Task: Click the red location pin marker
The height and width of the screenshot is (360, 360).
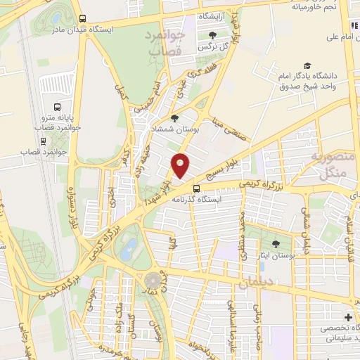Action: click(181, 165)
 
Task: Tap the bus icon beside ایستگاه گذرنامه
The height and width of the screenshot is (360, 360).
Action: click(197, 188)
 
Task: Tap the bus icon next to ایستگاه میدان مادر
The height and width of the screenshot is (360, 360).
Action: click(83, 19)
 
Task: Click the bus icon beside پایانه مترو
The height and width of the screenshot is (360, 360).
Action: click(37, 128)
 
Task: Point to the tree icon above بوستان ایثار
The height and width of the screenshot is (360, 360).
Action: click(274, 245)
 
